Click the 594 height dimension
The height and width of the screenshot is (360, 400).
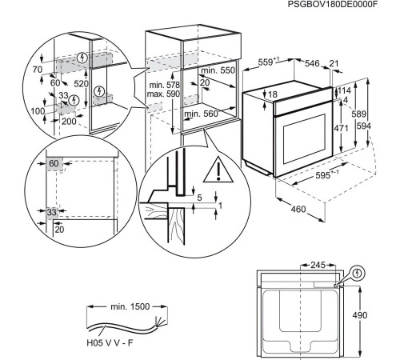(386, 126)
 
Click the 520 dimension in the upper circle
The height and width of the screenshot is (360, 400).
(81, 83)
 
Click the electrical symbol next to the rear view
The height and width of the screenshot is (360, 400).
(357, 272)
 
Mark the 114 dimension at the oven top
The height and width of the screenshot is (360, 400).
(343, 91)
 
